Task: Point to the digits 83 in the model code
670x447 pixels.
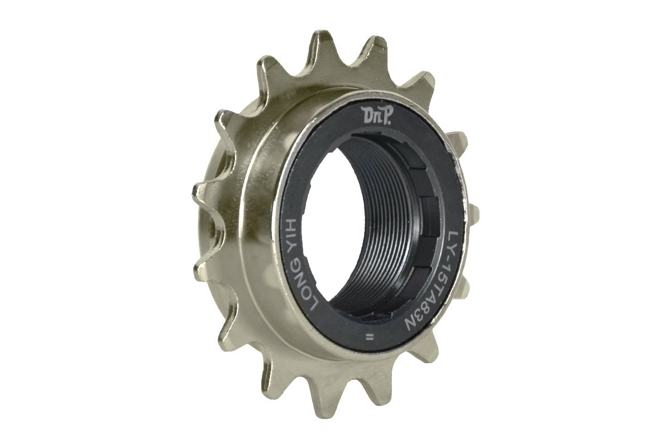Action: [423, 300]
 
